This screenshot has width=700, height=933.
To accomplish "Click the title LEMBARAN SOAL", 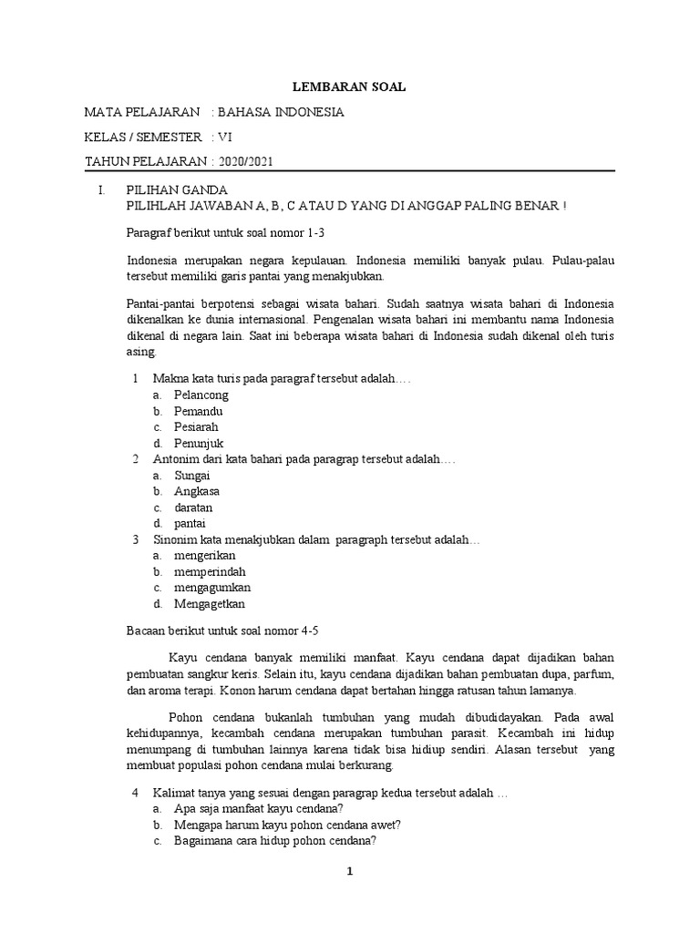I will pos(348,87).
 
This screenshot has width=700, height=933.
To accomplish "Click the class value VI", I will pos(224,137).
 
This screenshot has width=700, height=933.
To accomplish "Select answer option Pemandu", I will pos(198,411).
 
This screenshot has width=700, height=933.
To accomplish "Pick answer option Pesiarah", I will pos(196,426).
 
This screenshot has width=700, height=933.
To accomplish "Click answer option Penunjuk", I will pos(200,443).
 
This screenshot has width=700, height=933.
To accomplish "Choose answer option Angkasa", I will pos(196,491).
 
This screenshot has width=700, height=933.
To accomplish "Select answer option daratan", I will pos(193,507).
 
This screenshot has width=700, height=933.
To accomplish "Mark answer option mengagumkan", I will pos(211,587).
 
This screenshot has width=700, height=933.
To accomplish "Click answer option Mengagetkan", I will pos(209,603).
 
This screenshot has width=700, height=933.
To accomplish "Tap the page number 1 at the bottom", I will pos(348,871).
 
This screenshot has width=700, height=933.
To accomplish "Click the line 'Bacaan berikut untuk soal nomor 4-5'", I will pos(222,630).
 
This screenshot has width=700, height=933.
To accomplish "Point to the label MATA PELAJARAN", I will pos(141,112).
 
